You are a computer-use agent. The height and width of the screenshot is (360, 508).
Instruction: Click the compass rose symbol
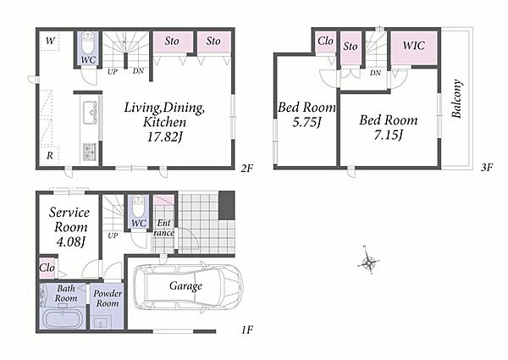click(368, 261)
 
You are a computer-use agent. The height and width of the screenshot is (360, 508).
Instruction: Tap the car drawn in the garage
click(188, 287)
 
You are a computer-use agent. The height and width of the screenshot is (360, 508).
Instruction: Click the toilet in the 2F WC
click(88, 44)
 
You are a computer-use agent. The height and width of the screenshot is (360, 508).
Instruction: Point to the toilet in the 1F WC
click(139, 208)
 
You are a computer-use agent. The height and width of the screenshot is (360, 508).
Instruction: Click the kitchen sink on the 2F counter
click(90, 113)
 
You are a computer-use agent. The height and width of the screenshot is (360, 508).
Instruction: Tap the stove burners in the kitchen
click(89, 152)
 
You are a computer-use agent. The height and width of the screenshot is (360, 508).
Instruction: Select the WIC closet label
click(414, 46)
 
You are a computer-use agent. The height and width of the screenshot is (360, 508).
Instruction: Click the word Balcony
click(456, 99)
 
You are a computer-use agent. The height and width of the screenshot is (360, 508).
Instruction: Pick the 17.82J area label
click(165, 137)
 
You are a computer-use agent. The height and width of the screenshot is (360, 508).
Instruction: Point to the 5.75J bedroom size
click(306, 122)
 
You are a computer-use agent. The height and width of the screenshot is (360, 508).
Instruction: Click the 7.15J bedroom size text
click(388, 135)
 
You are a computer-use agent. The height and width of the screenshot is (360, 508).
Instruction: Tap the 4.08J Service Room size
click(70, 241)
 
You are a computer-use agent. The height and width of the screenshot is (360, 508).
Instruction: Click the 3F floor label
click(487, 167)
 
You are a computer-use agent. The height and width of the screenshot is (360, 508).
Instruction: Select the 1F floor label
click(247, 330)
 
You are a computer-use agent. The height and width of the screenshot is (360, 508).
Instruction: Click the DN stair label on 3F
click(375, 73)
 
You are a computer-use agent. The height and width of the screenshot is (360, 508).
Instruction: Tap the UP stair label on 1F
click(113, 235)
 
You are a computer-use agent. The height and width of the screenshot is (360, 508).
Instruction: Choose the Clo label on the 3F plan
click(325, 42)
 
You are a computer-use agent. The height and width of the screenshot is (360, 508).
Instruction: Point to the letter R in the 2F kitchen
click(50, 156)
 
